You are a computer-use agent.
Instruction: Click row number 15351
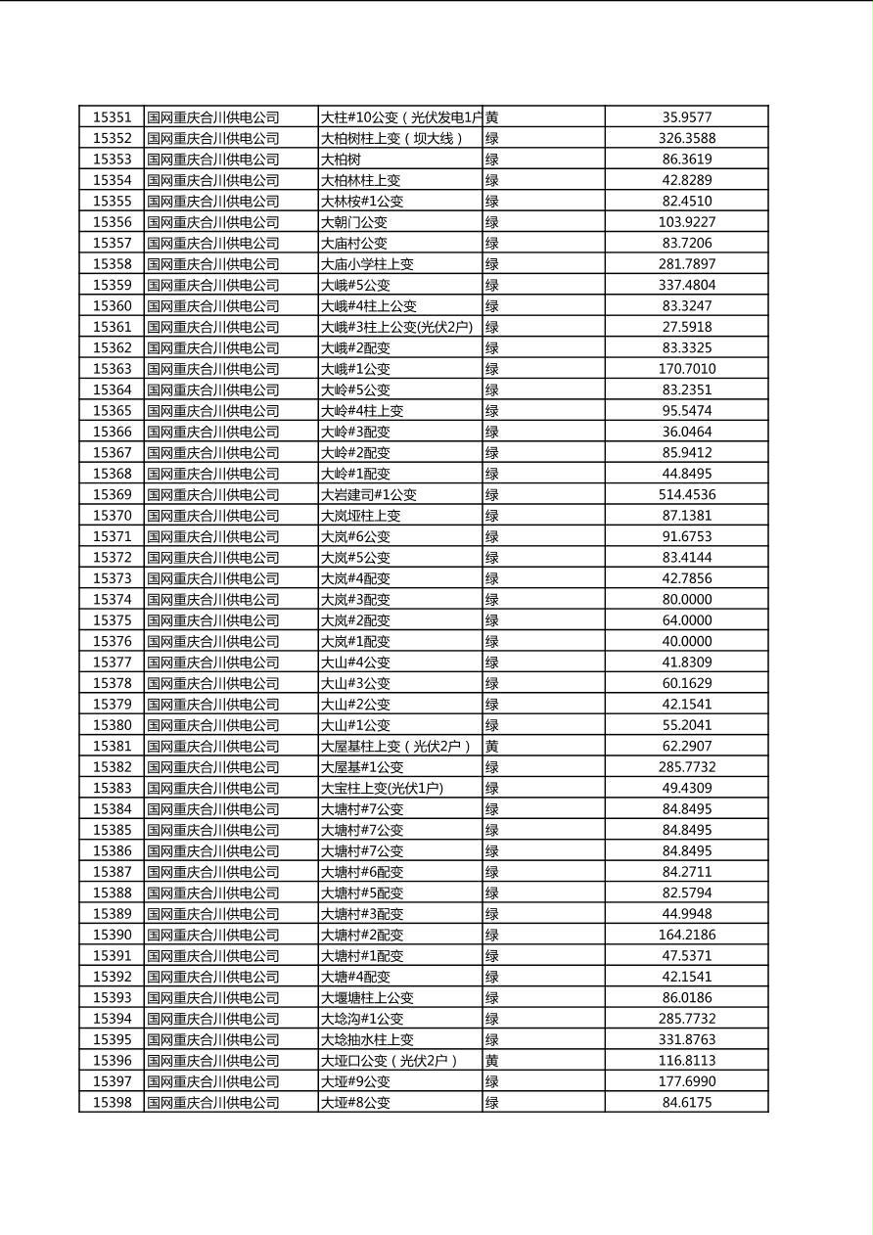coord(112,117)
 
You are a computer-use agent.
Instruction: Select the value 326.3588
coord(686,138)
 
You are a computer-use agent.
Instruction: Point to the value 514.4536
coord(686,494)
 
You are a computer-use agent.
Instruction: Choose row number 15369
coord(112,494)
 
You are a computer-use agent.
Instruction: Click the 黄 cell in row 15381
coord(492,746)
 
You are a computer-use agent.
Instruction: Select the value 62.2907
coord(686,746)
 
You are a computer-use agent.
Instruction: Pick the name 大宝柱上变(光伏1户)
coord(382,788)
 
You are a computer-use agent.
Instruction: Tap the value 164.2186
coord(686,935)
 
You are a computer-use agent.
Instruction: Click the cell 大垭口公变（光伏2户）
coord(390,1060)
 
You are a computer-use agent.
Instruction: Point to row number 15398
coord(112,1102)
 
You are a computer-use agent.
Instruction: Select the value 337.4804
coord(686,285)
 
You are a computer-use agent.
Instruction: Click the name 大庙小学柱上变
coord(367,264)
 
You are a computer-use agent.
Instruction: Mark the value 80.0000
coord(686,599)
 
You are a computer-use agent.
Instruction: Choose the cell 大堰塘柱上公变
coord(367,997)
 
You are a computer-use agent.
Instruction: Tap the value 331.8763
coord(686,1039)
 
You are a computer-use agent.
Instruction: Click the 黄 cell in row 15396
coord(492,1060)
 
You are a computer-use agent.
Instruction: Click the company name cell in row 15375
coord(213,620)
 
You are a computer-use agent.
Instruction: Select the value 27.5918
coord(686,327)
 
